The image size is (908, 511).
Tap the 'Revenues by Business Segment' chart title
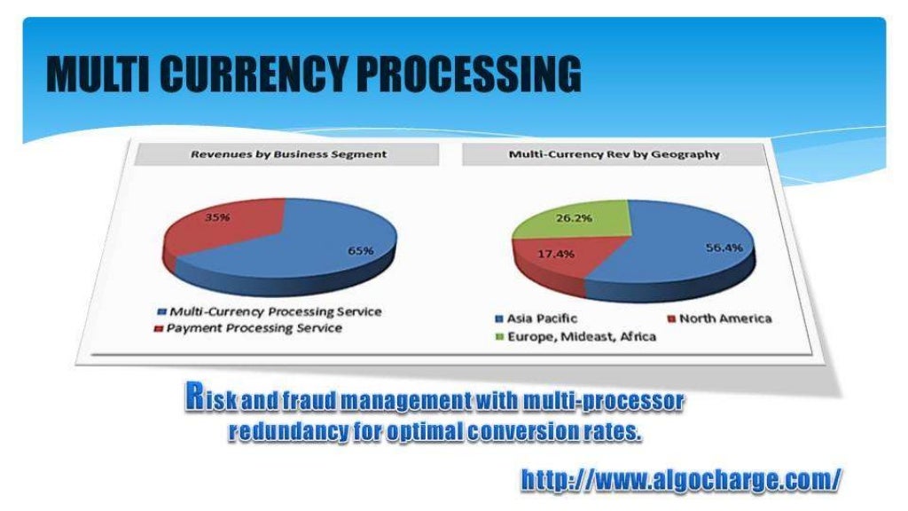click(x=289, y=154)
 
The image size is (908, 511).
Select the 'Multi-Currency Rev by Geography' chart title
click(x=614, y=154)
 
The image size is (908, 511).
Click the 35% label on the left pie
click(x=219, y=217)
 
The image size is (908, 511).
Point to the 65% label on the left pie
click(x=360, y=251)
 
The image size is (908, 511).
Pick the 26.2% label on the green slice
click(x=574, y=217)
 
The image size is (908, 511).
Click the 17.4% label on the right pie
click(x=556, y=254)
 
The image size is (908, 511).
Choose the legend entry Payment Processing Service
click(x=254, y=328)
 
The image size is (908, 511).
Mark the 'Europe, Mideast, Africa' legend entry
click(x=581, y=337)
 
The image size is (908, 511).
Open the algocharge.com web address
click(x=680, y=480)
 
